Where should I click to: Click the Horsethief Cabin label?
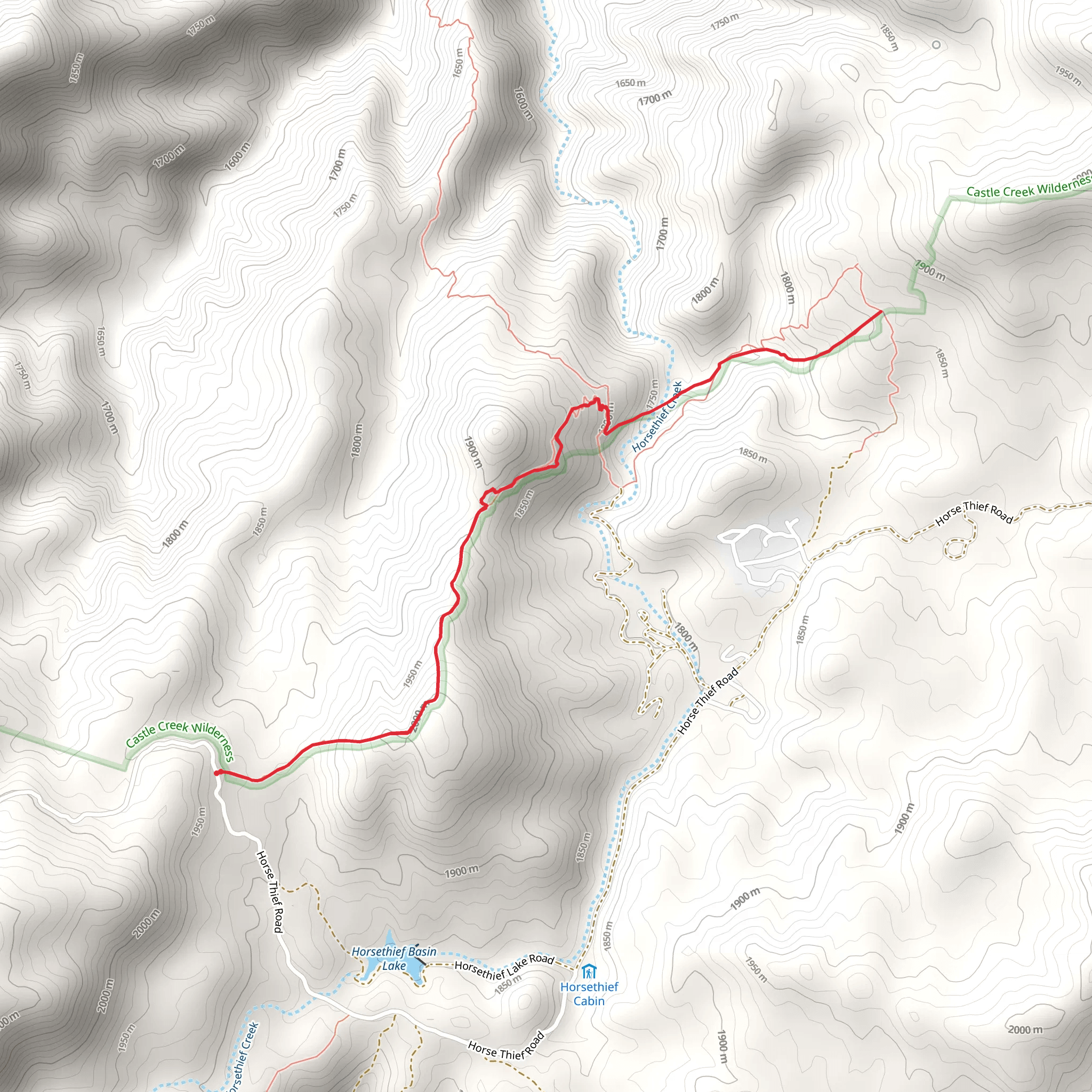[x=589, y=994]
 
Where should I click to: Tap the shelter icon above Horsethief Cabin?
[x=589, y=972]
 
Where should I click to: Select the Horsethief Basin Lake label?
[x=394, y=959]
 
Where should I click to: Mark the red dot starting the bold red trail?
[x=217, y=773]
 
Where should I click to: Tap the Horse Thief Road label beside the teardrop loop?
[x=974, y=512]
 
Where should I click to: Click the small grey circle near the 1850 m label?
[x=936, y=45]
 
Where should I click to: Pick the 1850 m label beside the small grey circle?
[x=889, y=37]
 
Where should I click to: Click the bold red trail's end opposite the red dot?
[x=881, y=311]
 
